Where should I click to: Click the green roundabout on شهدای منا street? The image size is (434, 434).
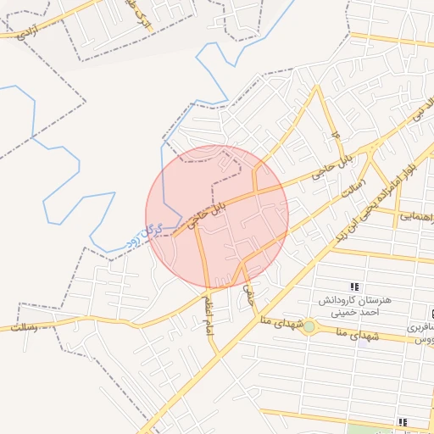point(309,327)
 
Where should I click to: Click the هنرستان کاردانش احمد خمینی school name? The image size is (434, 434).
point(353,306)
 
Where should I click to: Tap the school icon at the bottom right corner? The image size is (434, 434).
point(403,421)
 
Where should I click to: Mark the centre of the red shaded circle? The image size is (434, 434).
point(217,217)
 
